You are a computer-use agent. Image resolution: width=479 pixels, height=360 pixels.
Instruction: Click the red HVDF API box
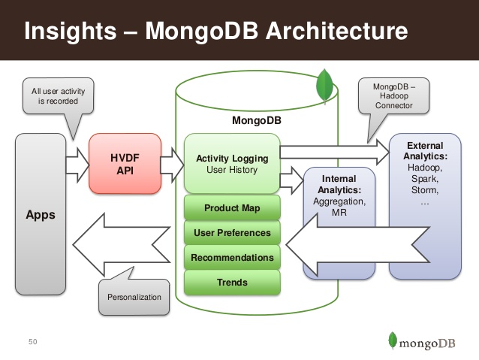pos(125,164)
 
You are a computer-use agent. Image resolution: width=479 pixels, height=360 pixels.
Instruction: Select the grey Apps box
pos(41,214)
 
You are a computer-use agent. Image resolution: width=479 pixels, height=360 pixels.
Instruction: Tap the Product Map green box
pos(232,207)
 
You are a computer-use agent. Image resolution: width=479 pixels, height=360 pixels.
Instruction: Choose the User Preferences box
pos(232,233)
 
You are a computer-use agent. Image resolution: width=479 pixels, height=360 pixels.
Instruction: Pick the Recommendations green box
pos(232,258)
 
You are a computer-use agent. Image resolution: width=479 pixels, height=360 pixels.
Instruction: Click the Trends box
pos(232,283)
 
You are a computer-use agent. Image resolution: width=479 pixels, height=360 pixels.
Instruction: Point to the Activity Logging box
pos(232,164)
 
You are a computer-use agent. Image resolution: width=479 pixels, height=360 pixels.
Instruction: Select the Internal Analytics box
pos(339,218)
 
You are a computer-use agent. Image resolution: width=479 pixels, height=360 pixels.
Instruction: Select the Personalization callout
pos(134,297)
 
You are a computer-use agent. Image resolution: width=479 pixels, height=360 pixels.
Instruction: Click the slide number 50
pos(32,343)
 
